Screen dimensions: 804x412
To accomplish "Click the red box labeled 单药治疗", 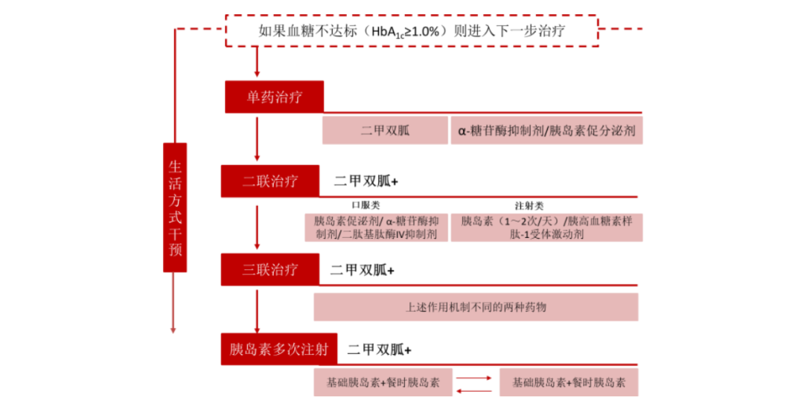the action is (274, 97).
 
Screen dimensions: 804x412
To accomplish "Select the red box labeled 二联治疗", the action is (270, 181).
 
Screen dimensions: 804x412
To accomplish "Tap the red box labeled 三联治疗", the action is (270, 269).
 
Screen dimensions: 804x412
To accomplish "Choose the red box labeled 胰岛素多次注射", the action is (279, 350).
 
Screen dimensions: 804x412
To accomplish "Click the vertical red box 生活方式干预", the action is (175, 207).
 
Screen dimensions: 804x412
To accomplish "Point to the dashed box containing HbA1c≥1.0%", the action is (412, 30).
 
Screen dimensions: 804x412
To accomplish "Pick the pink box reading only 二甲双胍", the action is (385, 130).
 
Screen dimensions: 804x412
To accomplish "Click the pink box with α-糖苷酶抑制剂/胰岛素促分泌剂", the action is (546, 130).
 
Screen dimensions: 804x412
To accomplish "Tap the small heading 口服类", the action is (366, 205).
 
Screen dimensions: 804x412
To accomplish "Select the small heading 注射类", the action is (529, 205).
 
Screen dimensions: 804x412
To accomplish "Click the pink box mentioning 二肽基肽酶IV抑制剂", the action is (377, 228).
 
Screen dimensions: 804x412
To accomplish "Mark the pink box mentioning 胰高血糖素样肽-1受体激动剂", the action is (546, 228).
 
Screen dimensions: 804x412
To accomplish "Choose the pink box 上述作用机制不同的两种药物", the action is (476, 307).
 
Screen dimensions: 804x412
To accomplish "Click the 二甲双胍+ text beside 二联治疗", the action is (366, 181).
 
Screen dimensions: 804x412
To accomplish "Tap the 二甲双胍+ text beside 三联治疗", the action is (362, 270).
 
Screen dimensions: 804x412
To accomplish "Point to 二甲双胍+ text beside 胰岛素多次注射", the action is (380, 350).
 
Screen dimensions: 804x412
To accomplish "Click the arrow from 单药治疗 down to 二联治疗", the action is (257, 139).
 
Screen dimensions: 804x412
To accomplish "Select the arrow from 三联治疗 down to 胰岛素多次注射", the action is (257, 311).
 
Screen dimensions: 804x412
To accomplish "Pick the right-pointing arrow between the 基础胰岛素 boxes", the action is (473, 379).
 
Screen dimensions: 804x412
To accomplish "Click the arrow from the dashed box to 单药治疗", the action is (257, 62).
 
